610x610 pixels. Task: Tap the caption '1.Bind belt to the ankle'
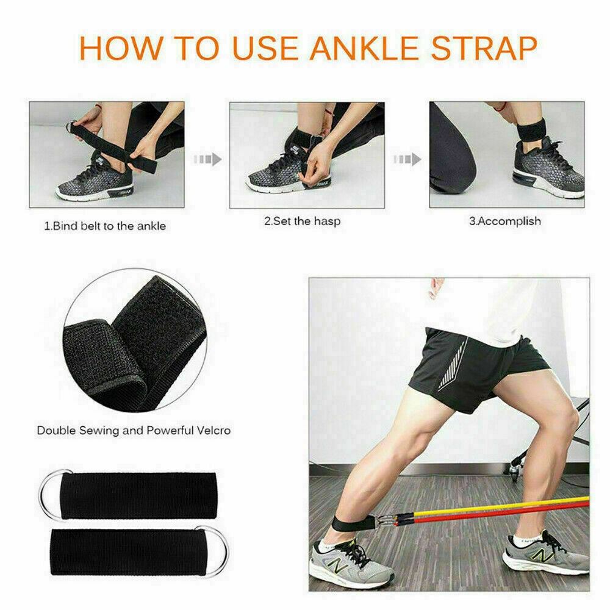tap(104, 226)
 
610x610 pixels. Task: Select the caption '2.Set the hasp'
tap(302, 221)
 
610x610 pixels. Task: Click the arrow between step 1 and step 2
tap(207, 160)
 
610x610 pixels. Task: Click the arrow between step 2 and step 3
tap(407, 159)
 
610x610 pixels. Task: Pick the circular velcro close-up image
tap(135, 339)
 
